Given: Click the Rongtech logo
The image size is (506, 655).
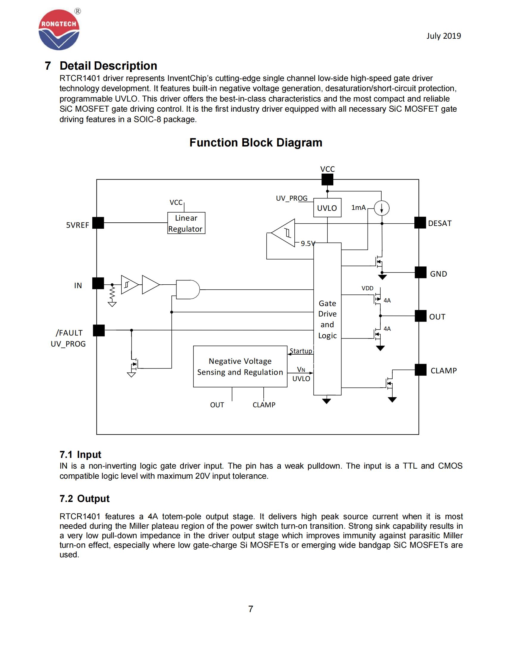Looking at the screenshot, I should pos(59,30).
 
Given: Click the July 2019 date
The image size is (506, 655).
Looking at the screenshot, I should pos(443,36).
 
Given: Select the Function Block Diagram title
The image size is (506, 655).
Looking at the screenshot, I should pos(256,142).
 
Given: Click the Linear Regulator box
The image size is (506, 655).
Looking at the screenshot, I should pos(186,223).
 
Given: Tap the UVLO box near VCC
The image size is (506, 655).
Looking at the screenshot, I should pos(327,208).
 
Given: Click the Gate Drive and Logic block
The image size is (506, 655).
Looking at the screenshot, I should pos(327,319).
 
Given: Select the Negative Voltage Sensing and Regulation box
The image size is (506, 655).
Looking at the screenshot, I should pos(240,367).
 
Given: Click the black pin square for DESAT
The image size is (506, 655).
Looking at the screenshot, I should pos(420,223).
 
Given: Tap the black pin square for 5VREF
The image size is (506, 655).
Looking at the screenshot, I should pos(98,223).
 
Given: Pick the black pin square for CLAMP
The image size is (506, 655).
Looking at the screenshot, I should pos(420,370).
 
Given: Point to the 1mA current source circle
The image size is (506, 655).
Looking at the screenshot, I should pos(382,208).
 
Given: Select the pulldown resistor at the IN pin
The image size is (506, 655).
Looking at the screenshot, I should pos(112,294).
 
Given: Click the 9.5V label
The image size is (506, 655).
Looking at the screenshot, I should pos(307,243).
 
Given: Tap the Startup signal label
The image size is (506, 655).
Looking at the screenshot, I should pos(301,351).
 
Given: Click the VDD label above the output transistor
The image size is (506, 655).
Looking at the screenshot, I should pos(367,288).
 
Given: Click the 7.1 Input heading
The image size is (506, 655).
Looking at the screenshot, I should pos(80,454).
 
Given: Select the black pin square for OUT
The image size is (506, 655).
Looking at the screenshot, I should pos(420,316).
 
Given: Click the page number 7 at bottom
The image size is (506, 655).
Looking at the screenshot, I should pos(251,609).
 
